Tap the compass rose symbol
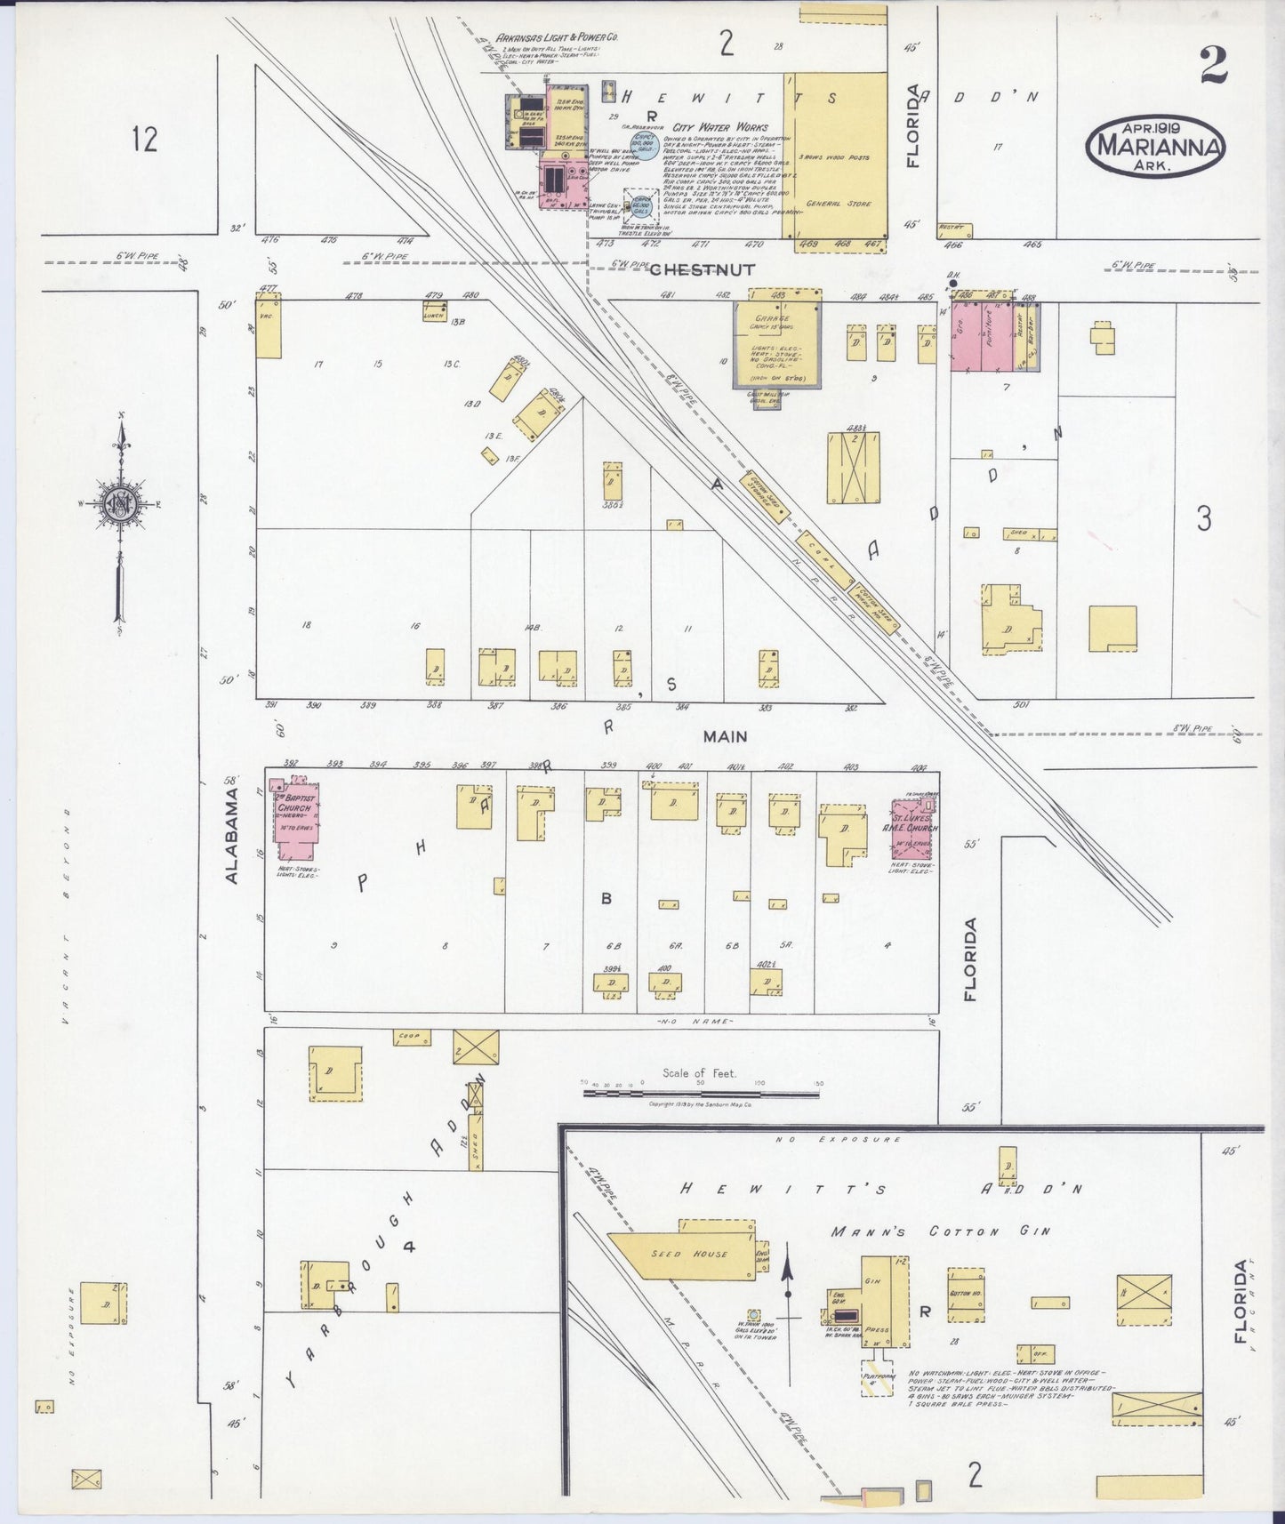click(x=119, y=502)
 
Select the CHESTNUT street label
click(x=702, y=269)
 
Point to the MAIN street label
click(x=725, y=736)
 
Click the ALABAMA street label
click(x=232, y=833)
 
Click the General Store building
click(x=835, y=156)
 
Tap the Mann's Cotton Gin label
click(x=940, y=1231)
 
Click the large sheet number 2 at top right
click(x=1212, y=64)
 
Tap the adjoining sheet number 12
click(x=145, y=140)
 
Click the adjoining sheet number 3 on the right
click(x=1203, y=518)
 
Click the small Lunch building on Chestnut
click(x=434, y=311)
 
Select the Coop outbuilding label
click(x=412, y=1036)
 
